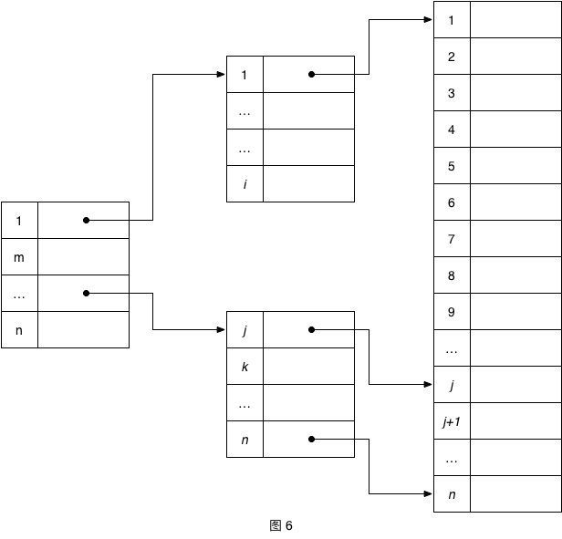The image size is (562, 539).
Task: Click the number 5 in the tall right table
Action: [452, 166]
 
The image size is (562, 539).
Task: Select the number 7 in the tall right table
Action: [452, 239]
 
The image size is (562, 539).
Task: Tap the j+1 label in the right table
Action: [452, 421]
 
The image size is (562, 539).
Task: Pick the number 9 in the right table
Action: [452, 312]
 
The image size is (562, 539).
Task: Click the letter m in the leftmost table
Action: [19, 257]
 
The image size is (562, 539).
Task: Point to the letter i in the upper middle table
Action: [245, 184]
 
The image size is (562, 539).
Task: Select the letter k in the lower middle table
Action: [245, 367]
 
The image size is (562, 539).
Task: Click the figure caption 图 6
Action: [281, 525]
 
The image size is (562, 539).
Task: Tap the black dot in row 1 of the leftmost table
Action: [86, 220]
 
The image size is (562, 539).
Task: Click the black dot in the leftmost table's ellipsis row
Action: [86, 293]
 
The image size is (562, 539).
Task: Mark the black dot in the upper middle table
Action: [311, 74]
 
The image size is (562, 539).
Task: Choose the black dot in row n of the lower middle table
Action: [311, 439]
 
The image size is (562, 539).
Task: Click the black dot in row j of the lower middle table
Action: [311, 329]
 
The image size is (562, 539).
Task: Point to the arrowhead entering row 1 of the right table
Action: [429, 19]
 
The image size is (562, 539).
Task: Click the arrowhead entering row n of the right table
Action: [429, 494]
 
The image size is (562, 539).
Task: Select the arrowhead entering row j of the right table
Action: [429, 385]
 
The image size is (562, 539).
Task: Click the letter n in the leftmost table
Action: [19, 330]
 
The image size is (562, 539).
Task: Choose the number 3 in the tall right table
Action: [452, 93]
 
